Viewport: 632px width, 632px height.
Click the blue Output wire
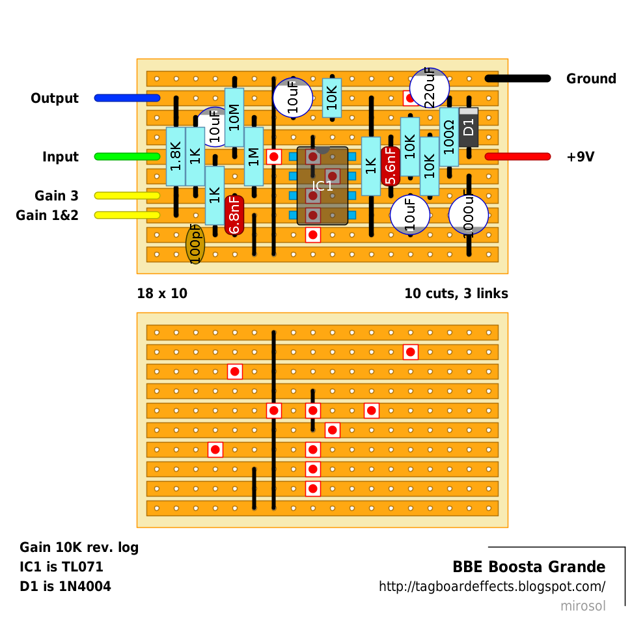tap(127, 98)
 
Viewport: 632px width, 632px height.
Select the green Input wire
tap(127, 157)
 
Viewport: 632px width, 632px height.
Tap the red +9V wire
tap(517, 157)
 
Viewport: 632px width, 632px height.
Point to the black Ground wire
tap(517, 79)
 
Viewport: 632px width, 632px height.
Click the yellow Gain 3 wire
tap(127, 195)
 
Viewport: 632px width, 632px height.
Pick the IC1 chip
tap(322, 186)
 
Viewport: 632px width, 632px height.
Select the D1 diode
tap(469, 128)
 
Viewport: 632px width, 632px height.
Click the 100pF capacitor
tap(195, 244)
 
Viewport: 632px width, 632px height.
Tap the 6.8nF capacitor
tap(234, 215)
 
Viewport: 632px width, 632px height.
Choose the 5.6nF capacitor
tap(391, 167)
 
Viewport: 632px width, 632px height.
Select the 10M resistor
tap(234, 118)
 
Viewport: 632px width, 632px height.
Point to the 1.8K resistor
tap(176, 157)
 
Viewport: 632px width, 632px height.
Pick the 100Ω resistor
tap(449, 137)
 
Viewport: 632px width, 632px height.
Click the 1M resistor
tap(254, 157)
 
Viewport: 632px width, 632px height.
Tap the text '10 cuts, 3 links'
tap(456, 294)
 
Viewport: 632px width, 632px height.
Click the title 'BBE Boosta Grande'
tap(529, 567)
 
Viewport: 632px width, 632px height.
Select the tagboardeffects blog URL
tap(492, 586)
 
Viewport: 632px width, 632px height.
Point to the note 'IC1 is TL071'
tap(61, 567)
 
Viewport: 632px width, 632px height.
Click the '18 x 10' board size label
tap(162, 294)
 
